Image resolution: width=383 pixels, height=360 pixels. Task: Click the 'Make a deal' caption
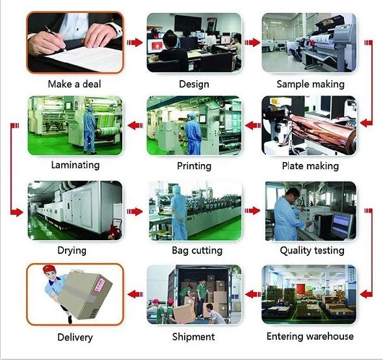click(74, 84)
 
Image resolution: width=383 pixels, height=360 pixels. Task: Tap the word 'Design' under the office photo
click(194, 85)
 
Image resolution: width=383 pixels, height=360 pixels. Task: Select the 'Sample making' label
click(310, 85)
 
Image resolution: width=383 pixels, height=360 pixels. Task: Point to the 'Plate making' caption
click(310, 166)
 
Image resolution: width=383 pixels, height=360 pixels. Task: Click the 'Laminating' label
click(75, 165)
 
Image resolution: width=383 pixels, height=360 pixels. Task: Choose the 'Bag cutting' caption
click(197, 251)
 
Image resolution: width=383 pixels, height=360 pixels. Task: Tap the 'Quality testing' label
click(312, 251)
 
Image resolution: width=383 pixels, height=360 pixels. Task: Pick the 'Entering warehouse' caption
click(310, 337)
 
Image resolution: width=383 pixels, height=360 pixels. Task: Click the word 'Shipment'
click(194, 337)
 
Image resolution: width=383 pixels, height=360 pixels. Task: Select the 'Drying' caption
click(72, 251)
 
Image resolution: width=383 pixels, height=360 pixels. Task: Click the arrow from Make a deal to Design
click(135, 42)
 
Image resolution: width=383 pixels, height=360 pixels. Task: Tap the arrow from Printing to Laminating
click(135, 126)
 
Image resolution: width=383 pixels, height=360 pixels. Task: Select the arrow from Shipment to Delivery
click(135, 294)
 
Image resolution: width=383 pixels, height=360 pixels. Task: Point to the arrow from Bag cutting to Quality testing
click(252, 210)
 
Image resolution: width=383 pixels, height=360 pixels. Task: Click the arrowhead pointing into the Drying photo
click(19, 212)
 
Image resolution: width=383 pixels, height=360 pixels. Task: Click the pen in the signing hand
click(55, 38)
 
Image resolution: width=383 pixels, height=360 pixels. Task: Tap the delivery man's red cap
click(49, 269)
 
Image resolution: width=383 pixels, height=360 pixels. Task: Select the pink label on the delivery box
click(99, 285)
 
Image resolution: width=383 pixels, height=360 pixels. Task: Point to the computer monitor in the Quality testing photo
click(342, 224)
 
